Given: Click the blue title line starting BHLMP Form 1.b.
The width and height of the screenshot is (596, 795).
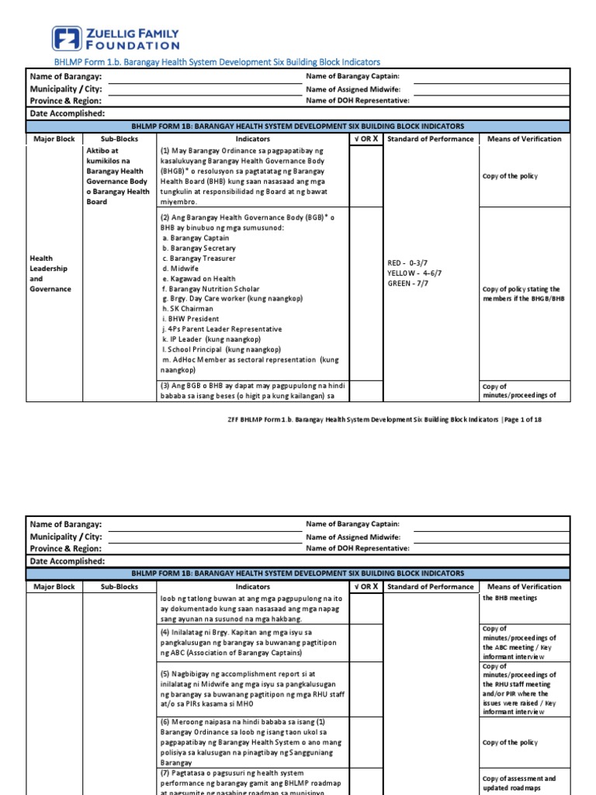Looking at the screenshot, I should point(217,61).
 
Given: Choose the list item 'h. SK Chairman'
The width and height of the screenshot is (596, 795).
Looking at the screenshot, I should point(190,309).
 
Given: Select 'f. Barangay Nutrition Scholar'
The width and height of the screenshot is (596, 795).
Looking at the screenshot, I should point(211,289).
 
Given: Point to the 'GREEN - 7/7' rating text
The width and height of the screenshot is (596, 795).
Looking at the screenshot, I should point(409,284).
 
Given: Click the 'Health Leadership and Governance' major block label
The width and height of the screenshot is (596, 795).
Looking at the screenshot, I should point(50,273).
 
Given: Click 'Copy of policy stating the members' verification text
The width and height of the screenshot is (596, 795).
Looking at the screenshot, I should point(521,294).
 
